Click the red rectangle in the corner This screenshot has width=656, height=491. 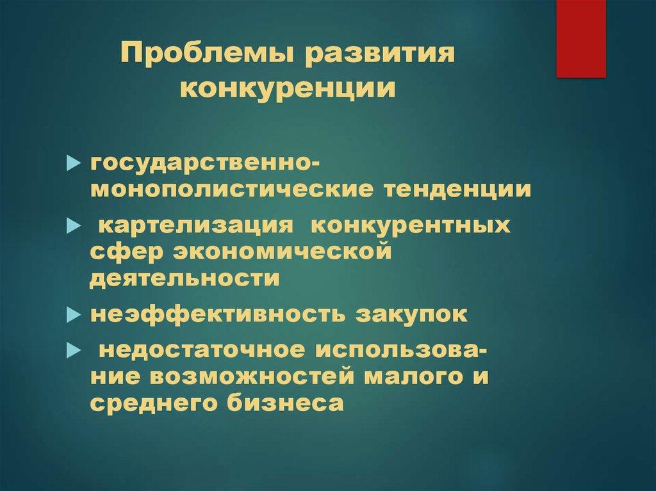tap(580, 38)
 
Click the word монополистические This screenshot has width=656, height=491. tap(231, 191)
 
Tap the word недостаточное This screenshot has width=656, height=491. tap(201, 351)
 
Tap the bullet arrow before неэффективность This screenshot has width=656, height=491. tap(74, 316)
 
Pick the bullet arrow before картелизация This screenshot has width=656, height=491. tap(74, 227)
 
